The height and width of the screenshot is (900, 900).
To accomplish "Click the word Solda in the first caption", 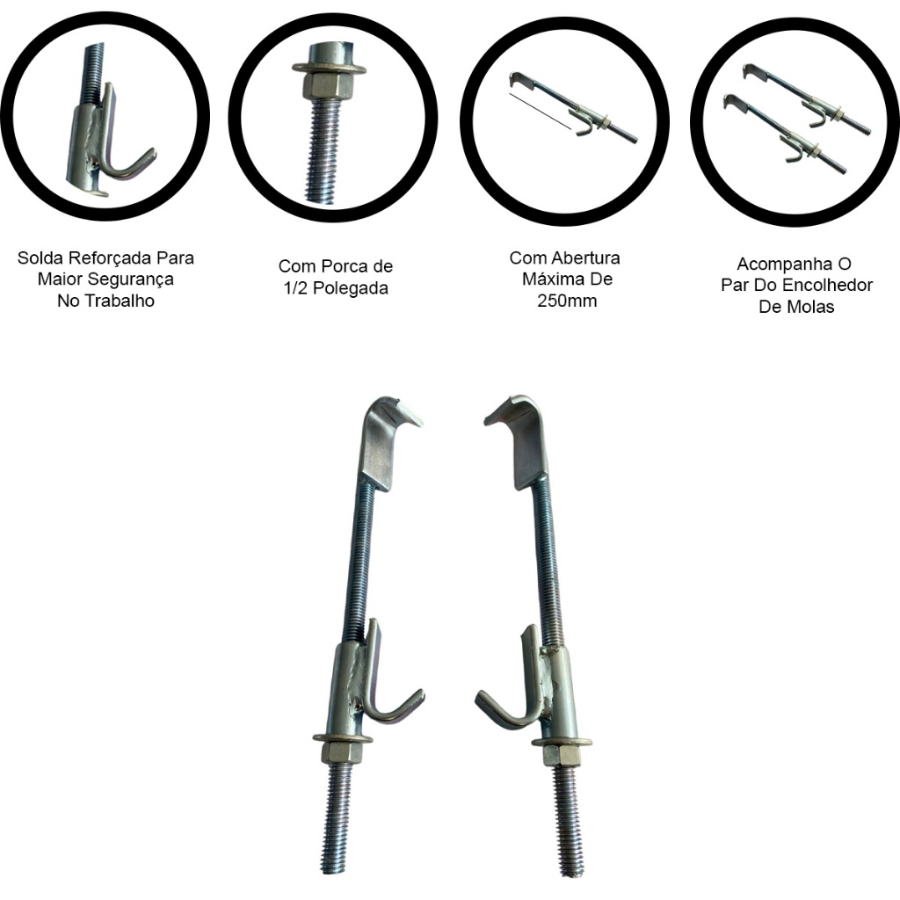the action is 38,258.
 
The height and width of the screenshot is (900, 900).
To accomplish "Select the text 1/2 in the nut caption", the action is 294,287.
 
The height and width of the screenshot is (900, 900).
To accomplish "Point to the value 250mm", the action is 567,301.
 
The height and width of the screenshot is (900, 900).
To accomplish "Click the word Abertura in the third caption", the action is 585,258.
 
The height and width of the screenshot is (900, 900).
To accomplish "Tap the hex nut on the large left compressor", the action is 343,754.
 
